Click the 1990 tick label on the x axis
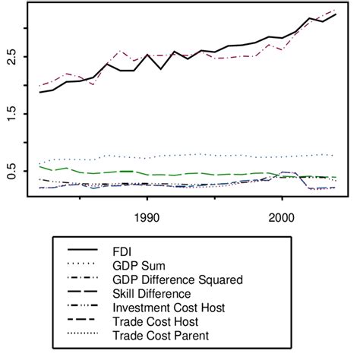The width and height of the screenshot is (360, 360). tap(147, 216)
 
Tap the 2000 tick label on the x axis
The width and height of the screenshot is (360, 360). tap(282, 216)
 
